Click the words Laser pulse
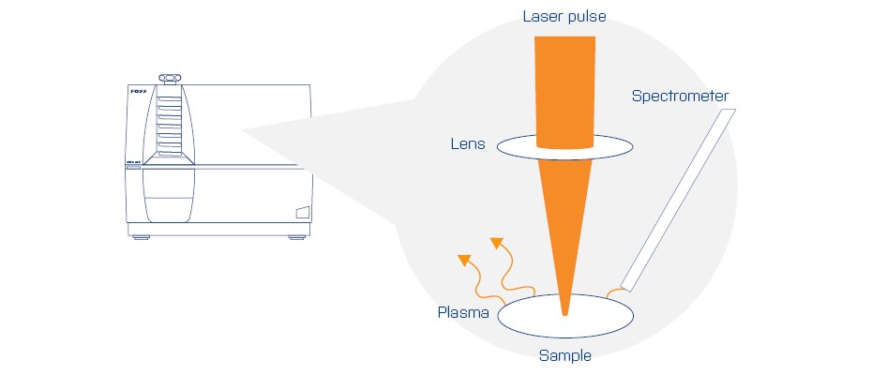click(x=564, y=17)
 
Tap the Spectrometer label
click(x=680, y=96)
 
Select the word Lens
click(x=468, y=145)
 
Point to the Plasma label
click(x=463, y=311)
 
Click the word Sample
click(x=564, y=355)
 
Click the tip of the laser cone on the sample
click(x=564, y=313)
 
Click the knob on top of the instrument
click(x=169, y=78)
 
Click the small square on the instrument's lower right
click(x=302, y=212)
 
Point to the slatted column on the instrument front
click(x=168, y=127)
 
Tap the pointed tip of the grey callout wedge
click(x=243, y=130)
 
